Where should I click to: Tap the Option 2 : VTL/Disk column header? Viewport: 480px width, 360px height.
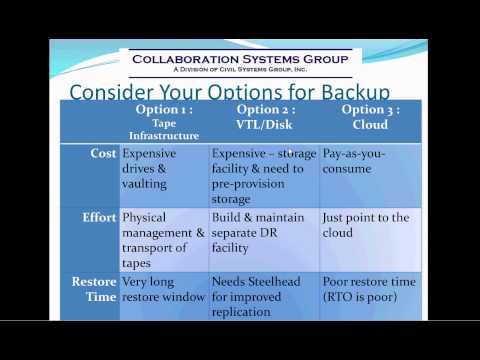[264, 116]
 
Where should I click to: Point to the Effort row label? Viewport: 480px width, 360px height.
[98, 216]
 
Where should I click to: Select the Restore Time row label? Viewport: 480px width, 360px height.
[96, 290]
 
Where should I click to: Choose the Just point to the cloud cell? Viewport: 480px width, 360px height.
[364, 225]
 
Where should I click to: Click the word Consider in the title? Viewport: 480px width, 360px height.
[109, 92]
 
